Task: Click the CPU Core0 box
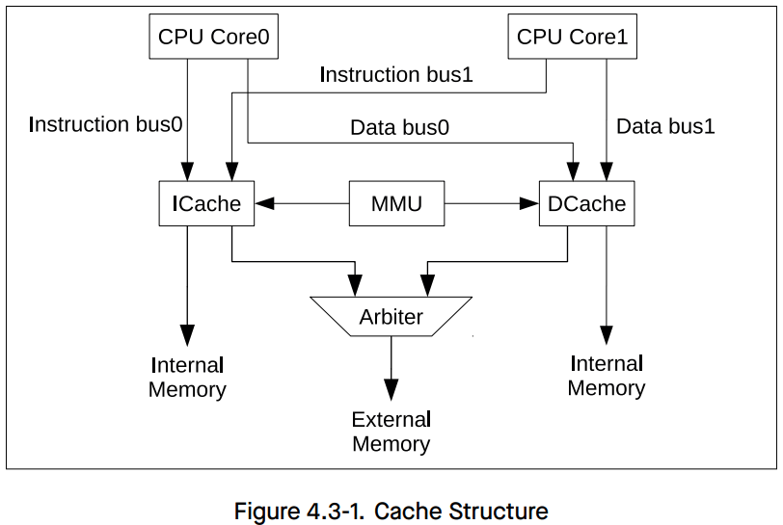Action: click(213, 38)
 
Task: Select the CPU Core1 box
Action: click(572, 38)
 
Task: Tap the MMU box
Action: click(396, 203)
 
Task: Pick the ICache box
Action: click(206, 203)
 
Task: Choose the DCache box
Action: click(586, 203)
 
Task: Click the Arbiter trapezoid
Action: click(391, 316)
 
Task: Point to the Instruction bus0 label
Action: click(106, 124)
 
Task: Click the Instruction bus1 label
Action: click(395, 74)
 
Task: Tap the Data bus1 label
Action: click(665, 126)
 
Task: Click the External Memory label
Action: click(391, 432)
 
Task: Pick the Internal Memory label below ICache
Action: click(187, 377)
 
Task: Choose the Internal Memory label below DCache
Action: click(606, 376)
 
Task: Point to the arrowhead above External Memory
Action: click(391, 390)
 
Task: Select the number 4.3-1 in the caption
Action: click(338, 511)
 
